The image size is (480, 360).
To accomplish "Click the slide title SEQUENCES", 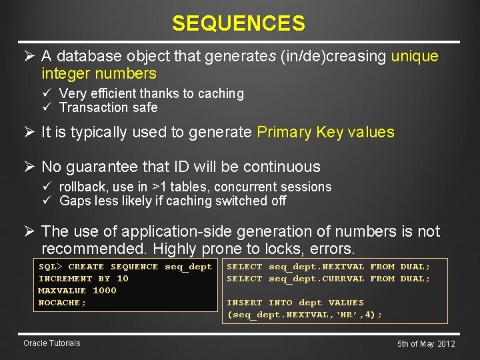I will click(x=239, y=23).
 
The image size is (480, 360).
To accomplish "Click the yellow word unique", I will click(x=415, y=56).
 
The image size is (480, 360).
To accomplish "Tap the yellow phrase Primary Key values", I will click(x=325, y=132).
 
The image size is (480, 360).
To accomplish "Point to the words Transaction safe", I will click(x=108, y=107).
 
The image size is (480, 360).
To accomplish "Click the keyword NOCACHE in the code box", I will click(x=62, y=303).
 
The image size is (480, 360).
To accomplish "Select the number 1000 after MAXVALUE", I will click(x=104, y=291).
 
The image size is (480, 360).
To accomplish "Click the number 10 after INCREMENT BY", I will click(x=122, y=279).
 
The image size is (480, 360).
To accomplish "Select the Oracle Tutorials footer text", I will click(x=51, y=343).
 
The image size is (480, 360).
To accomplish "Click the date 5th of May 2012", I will click(x=426, y=344).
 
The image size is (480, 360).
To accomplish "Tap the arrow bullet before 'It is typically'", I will click(x=29, y=132).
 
